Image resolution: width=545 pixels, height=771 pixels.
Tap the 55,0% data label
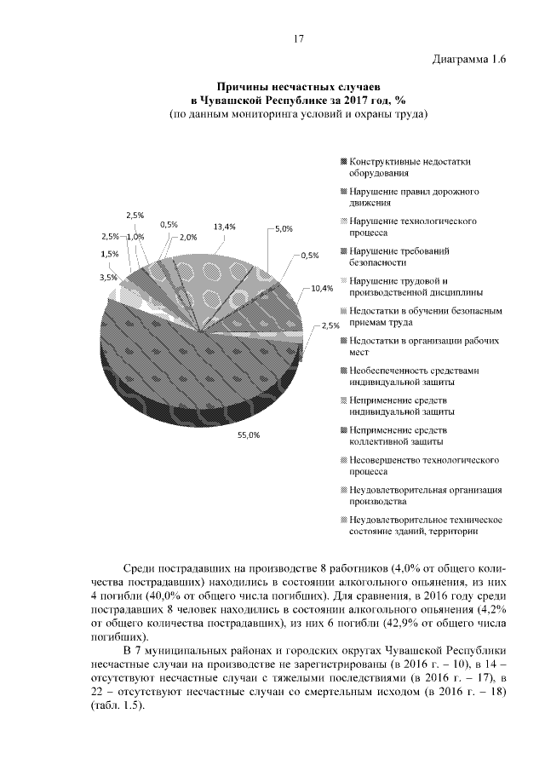(x=248, y=434)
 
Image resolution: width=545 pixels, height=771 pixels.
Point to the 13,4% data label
(x=224, y=227)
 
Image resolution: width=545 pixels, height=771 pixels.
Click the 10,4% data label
(x=322, y=288)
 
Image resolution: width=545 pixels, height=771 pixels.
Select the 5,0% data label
(x=283, y=228)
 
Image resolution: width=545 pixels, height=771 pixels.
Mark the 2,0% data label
(x=188, y=237)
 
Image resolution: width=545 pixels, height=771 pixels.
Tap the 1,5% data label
(x=109, y=254)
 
